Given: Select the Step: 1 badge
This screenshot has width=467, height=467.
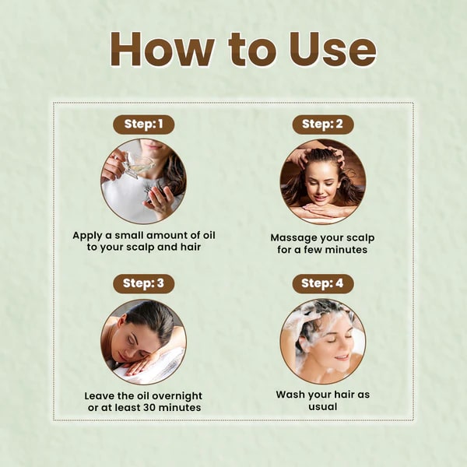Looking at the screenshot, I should [x=144, y=124].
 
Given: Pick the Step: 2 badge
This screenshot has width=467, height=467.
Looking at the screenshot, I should [x=323, y=124].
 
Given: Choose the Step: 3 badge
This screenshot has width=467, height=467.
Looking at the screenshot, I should [x=144, y=283].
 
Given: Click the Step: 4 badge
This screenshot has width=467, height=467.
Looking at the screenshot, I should [x=323, y=283].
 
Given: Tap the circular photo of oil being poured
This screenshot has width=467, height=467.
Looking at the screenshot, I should [x=144, y=181].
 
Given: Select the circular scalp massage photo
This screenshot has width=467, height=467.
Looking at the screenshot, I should [x=323, y=181].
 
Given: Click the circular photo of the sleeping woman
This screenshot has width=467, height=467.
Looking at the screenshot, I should [x=144, y=342].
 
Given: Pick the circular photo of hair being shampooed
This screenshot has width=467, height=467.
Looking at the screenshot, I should [x=323, y=342].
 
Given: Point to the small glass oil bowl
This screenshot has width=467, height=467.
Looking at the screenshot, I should [x=137, y=163].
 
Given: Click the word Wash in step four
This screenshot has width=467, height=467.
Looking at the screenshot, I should [x=292, y=395].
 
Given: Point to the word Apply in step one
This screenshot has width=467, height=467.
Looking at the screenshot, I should [x=88, y=234].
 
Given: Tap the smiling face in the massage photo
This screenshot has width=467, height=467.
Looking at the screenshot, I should [x=321, y=187].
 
